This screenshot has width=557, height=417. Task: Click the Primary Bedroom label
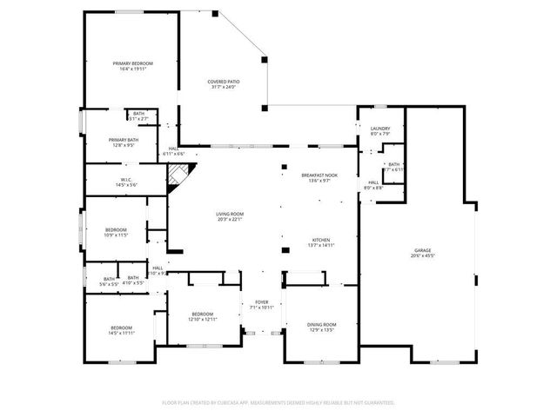click(x=132, y=63)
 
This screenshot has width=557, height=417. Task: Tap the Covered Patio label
click(x=224, y=82)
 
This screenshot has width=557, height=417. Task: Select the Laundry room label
click(x=380, y=129)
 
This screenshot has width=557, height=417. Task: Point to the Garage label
click(x=425, y=250)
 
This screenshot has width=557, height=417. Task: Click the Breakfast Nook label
click(x=319, y=175)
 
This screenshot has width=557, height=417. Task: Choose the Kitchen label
click(x=321, y=240)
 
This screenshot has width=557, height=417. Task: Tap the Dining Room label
click(x=321, y=325)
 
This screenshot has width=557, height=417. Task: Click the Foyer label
click(x=261, y=302)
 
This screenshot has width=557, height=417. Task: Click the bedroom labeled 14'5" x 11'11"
click(x=121, y=329)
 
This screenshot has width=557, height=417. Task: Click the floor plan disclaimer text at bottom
click(x=278, y=402)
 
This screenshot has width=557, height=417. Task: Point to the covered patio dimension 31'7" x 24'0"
click(x=224, y=88)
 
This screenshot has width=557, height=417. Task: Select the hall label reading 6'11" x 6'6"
click(x=175, y=151)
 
